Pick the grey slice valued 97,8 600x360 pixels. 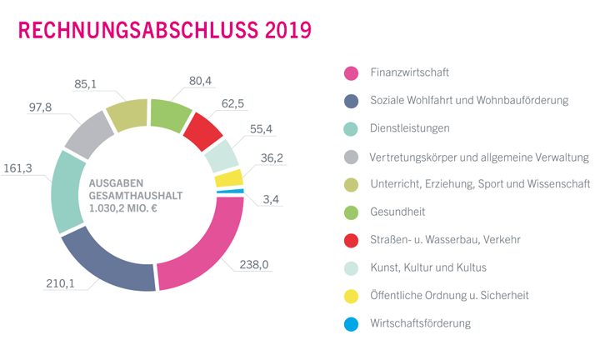87,133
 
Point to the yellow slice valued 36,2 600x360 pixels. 228,177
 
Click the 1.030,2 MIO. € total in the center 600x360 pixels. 122,209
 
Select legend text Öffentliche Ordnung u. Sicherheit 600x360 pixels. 449,295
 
